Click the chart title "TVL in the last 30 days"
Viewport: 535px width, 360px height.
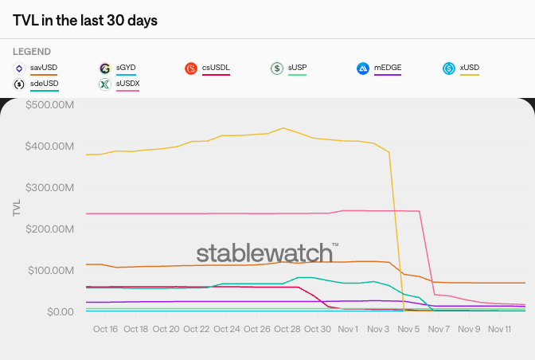(x=85, y=20)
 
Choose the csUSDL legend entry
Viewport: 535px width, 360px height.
(x=216, y=68)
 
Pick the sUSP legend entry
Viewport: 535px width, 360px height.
(x=297, y=68)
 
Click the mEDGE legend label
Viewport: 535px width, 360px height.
(x=387, y=68)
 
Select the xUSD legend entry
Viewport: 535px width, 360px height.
(x=470, y=68)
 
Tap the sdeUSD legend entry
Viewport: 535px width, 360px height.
(x=44, y=83)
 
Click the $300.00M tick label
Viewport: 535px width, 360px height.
(x=52, y=187)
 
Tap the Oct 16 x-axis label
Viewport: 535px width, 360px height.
(x=105, y=328)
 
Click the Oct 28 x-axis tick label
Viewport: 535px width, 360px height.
(x=287, y=328)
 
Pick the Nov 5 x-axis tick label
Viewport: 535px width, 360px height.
(x=408, y=328)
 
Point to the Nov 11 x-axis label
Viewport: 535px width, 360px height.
(x=498, y=328)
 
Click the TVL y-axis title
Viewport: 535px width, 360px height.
(x=17, y=208)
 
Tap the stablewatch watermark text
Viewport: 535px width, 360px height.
(x=265, y=253)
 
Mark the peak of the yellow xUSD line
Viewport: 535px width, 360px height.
(x=283, y=127)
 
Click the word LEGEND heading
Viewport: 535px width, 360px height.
(x=32, y=52)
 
